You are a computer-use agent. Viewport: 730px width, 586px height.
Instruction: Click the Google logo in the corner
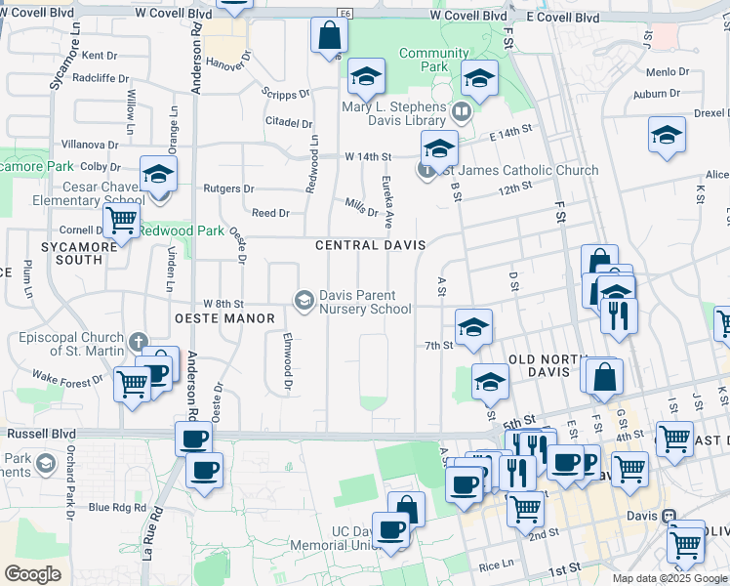pos(32,574)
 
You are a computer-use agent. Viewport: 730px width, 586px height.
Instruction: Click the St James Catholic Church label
pos(516,171)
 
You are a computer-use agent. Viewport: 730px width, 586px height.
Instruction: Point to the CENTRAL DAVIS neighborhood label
pos(370,245)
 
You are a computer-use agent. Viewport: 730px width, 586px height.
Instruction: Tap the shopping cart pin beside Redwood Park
pos(121,221)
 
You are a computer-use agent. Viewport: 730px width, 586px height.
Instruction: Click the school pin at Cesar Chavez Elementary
pos(158,175)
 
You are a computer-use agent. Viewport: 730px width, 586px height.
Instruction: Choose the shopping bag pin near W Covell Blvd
pos(330,36)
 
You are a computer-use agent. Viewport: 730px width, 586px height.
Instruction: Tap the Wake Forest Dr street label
pos(67,377)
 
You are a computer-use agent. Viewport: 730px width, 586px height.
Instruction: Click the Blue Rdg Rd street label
pos(116,507)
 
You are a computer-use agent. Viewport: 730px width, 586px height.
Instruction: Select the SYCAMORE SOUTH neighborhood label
pos(71,253)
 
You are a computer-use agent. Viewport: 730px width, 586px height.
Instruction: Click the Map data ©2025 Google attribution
pos(669,578)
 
